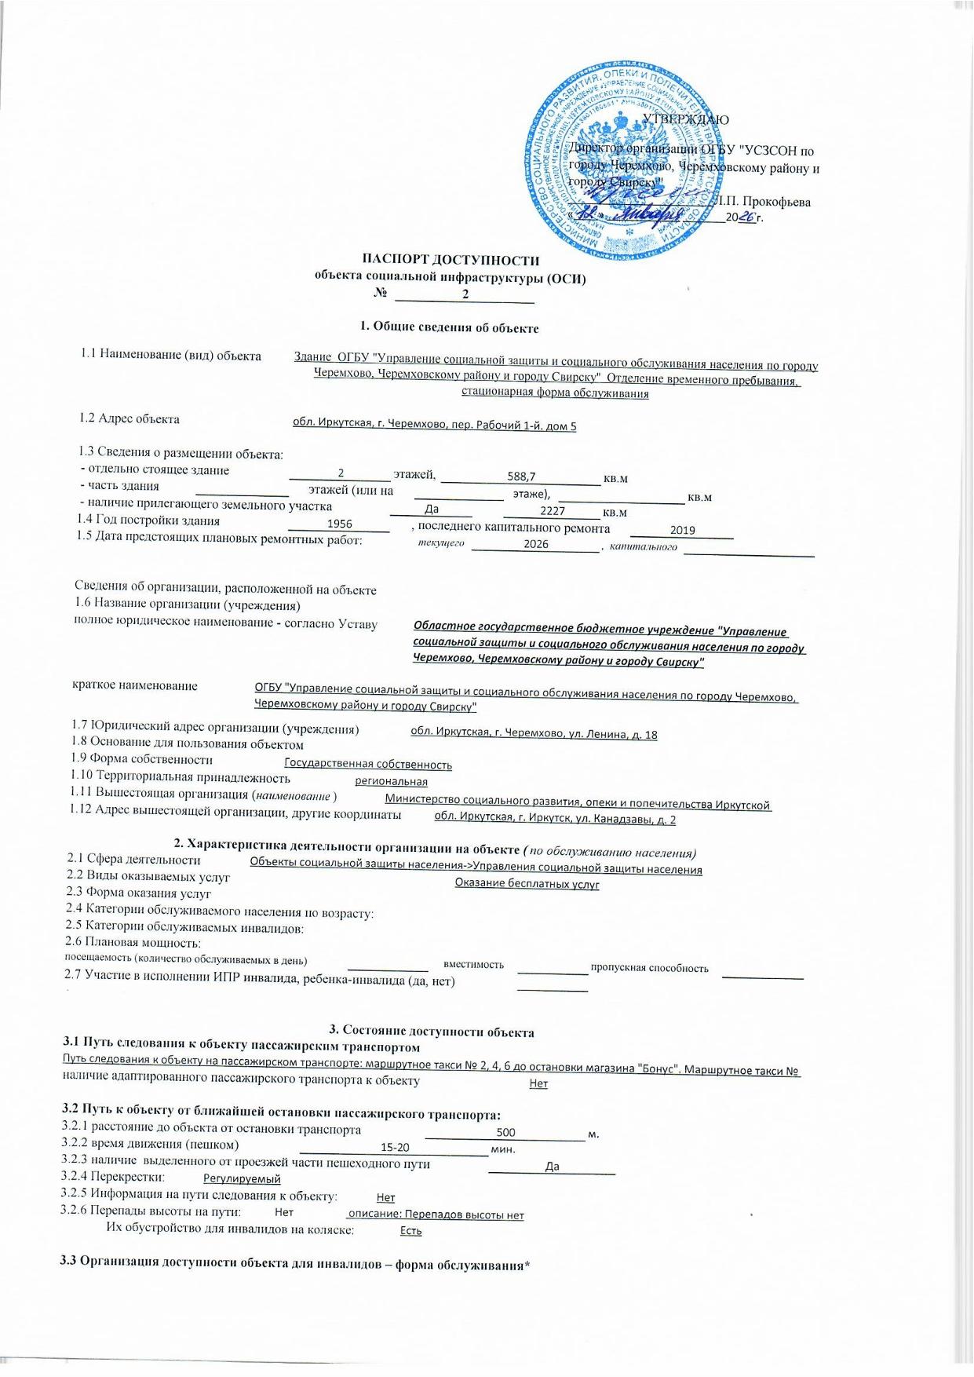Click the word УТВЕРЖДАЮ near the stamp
point(685,120)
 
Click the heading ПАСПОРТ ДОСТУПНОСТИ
point(451,260)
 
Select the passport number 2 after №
point(465,294)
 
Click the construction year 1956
point(339,524)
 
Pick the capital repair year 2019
point(682,530)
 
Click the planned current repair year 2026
point(536,544)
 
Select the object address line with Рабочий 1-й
point(434,425)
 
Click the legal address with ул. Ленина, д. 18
point(534,734)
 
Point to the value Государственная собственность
point(367,764)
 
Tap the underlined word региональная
point(391,782)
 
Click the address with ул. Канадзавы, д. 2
point(555,819)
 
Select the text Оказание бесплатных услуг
point(527,884)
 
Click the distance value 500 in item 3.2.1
point(506,1132)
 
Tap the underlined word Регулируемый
point(242,1178)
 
